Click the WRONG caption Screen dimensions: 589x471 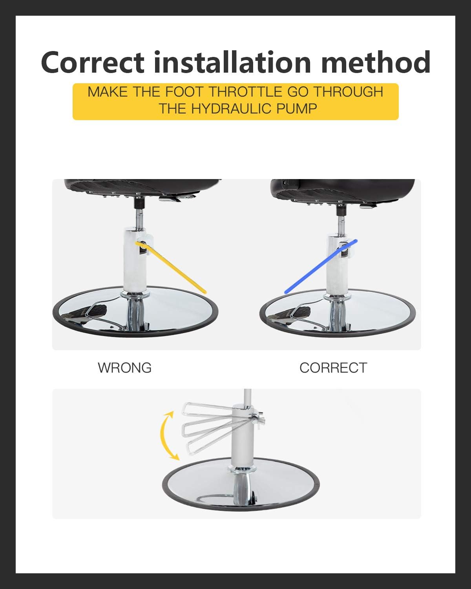[x=124, y=368]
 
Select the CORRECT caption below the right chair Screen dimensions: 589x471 [x=333, y=368]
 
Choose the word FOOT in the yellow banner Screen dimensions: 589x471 [x=185, y=92]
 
